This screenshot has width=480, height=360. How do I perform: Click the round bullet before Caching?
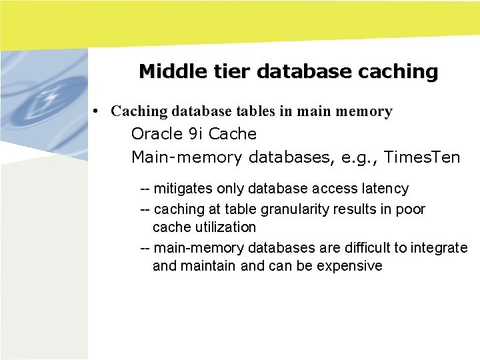pyautogui.click(x=97, y=111)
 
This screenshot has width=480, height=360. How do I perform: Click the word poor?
pyautogui.click(x=410, y=209)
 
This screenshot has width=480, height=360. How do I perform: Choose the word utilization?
pyautogui.click(x=224, y=227)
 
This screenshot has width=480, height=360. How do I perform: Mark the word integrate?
pyautogui.click(x=439, y=248)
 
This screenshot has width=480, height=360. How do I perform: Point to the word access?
pyautogui.click(x=328, y=189)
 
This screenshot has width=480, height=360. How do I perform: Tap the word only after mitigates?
pyautogui.click(x=231, y=189)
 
